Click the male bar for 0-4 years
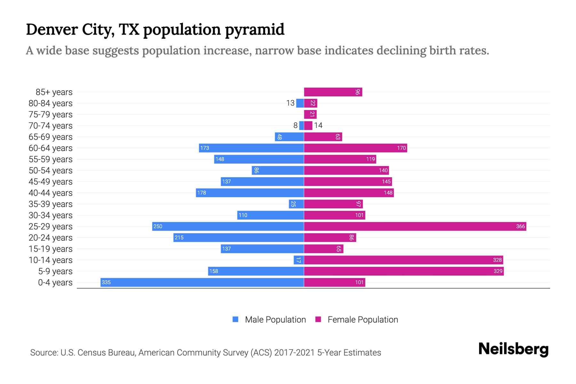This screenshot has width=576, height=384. click(202, 282)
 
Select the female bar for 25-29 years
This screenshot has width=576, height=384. click(415, 226)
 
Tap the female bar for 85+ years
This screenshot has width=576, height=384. click(333, 92)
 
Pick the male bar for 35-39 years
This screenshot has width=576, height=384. click(296, 204)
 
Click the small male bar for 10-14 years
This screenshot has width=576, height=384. click(299, 260)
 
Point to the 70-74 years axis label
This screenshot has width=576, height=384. click(51, 126)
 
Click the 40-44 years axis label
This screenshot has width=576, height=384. click(51, 193)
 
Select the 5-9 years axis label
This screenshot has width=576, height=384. click(55, 271)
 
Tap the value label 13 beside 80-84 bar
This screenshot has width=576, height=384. click(290, 103)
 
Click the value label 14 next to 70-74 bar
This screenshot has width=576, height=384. click(318, 125)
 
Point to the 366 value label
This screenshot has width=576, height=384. click(520, 226)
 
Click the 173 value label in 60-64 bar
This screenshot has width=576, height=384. click(204, 148)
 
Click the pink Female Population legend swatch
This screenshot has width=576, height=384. click(318, 319)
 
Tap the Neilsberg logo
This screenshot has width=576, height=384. click(513, 349)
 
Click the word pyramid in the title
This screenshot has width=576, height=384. click(254, 29)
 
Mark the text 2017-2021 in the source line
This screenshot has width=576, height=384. click(294, 353)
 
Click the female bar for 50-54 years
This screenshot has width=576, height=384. click(346, 170)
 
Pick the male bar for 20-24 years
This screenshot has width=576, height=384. click(238, 237)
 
